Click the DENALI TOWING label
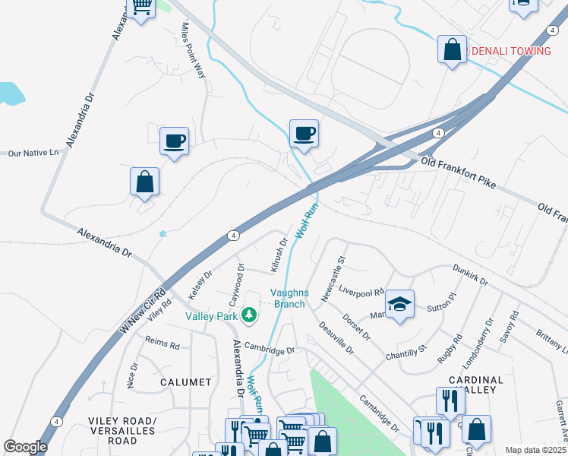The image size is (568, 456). (x=511, y=51)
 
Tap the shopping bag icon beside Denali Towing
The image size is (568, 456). (x=452, y=50)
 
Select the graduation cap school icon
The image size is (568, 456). (x=400, y=305)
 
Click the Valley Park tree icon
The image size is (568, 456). (x=248, y=315)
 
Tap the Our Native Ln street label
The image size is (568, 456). (x=33, y=153)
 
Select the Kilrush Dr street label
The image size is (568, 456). (x=279, y=255)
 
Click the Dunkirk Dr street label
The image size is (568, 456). (x=471, y=274)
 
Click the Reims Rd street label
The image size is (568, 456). (x=162, y=345)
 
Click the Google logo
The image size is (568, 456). (x=25, y=446)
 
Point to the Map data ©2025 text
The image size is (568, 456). (x=535, y=450)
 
